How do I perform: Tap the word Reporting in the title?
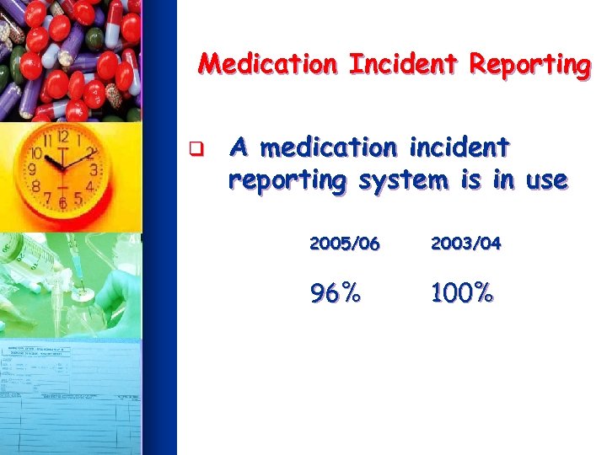coord(530,65)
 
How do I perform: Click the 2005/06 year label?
coord(345,244)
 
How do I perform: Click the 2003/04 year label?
coord(465,244)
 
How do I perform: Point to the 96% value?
coord(336,294)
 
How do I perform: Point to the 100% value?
coord(461,294)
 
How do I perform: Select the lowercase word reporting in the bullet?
coord(287,181)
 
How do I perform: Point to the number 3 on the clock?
coord(94,170)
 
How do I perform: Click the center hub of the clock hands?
coord(62,167)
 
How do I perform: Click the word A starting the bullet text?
coord(239,148)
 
